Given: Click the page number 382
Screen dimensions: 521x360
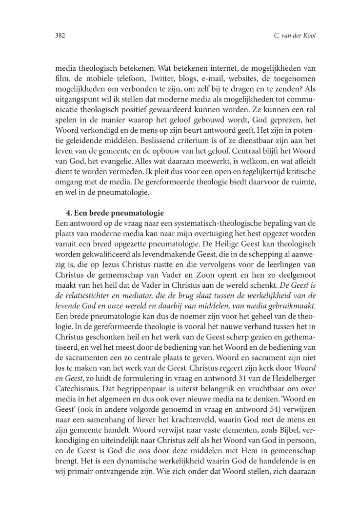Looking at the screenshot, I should pos(60,36).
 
